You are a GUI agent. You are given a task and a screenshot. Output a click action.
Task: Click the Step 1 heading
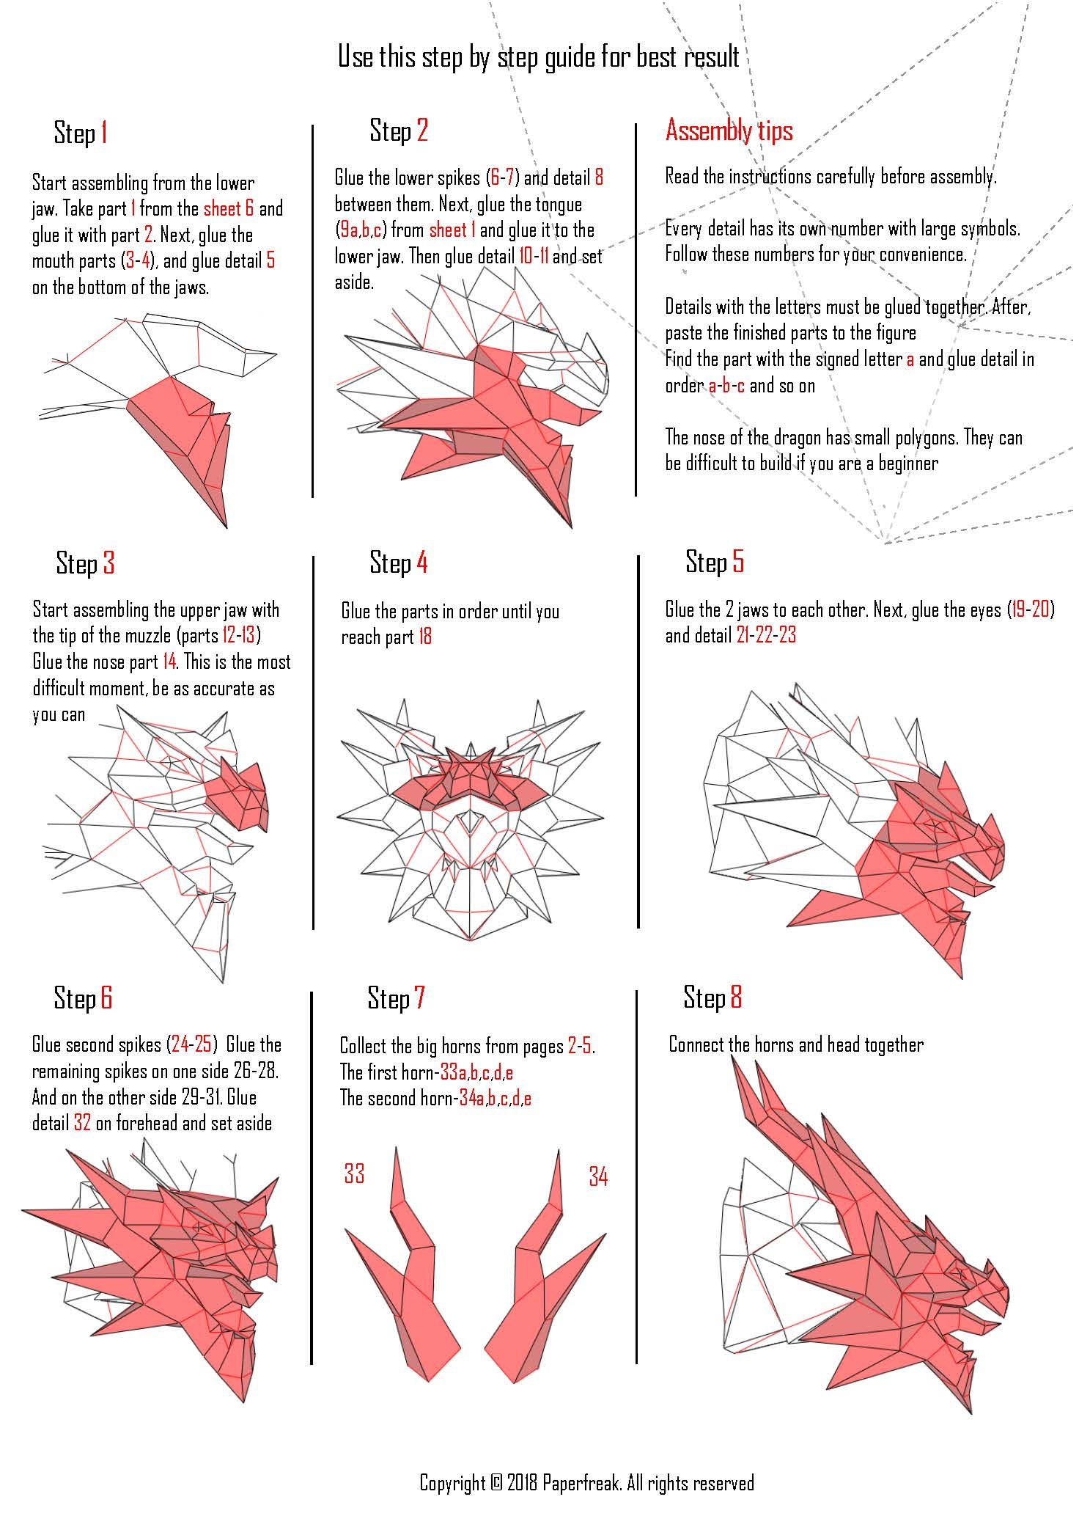pos(81,133)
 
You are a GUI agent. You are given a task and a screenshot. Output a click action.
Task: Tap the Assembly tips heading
pos(729,131)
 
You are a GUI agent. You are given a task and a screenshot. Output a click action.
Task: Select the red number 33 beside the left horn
pos(354,1173)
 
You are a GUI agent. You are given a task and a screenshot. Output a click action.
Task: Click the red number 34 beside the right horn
pos(598,1176)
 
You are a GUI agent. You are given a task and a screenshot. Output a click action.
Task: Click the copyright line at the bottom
pos(586,1482)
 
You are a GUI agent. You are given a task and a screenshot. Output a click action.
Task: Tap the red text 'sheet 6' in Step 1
pos(229,208)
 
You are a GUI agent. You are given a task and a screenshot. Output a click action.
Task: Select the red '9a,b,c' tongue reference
pos(361,230)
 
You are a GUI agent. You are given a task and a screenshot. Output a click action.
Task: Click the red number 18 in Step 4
pos(425,637)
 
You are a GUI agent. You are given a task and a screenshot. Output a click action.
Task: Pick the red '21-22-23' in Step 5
pos(766,635)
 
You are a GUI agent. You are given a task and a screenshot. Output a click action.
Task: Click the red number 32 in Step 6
pos(82,1123)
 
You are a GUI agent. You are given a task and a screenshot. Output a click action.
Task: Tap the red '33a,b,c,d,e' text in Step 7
pos(476,1073)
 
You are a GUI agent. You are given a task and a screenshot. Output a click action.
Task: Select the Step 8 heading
pos(712,997)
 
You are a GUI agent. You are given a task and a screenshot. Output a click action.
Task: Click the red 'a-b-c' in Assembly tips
pos(726,386)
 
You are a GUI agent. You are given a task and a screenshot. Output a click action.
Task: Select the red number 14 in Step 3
pos(169,662)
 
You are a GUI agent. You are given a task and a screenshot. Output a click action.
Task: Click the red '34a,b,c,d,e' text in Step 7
pos(496,1099)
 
